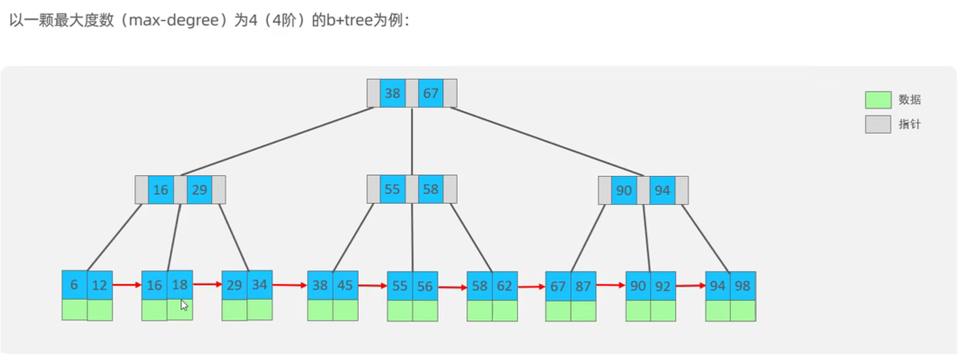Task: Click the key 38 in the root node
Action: point(392,93)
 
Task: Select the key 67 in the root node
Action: point(431,93)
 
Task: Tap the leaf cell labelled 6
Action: point(74,285)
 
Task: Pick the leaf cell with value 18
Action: point(180,285)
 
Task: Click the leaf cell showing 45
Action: point(345,285)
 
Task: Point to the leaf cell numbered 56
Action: point(425,286)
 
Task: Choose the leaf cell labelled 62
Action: point(504,286)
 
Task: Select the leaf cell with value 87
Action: point(583,286)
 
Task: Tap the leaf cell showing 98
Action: point(743,286)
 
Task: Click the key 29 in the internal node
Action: point(199,190)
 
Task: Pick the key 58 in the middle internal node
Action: point(431,189)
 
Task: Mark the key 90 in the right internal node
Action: point(624,190)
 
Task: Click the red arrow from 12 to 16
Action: point(127,285)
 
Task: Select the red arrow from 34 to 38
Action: point(290,285)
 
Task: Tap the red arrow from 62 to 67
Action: point(531,287)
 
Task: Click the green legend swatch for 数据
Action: point(878,100)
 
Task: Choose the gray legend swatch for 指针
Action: point(878,124)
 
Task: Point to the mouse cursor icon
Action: point(184,306)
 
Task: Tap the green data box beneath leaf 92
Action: point(663,310)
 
